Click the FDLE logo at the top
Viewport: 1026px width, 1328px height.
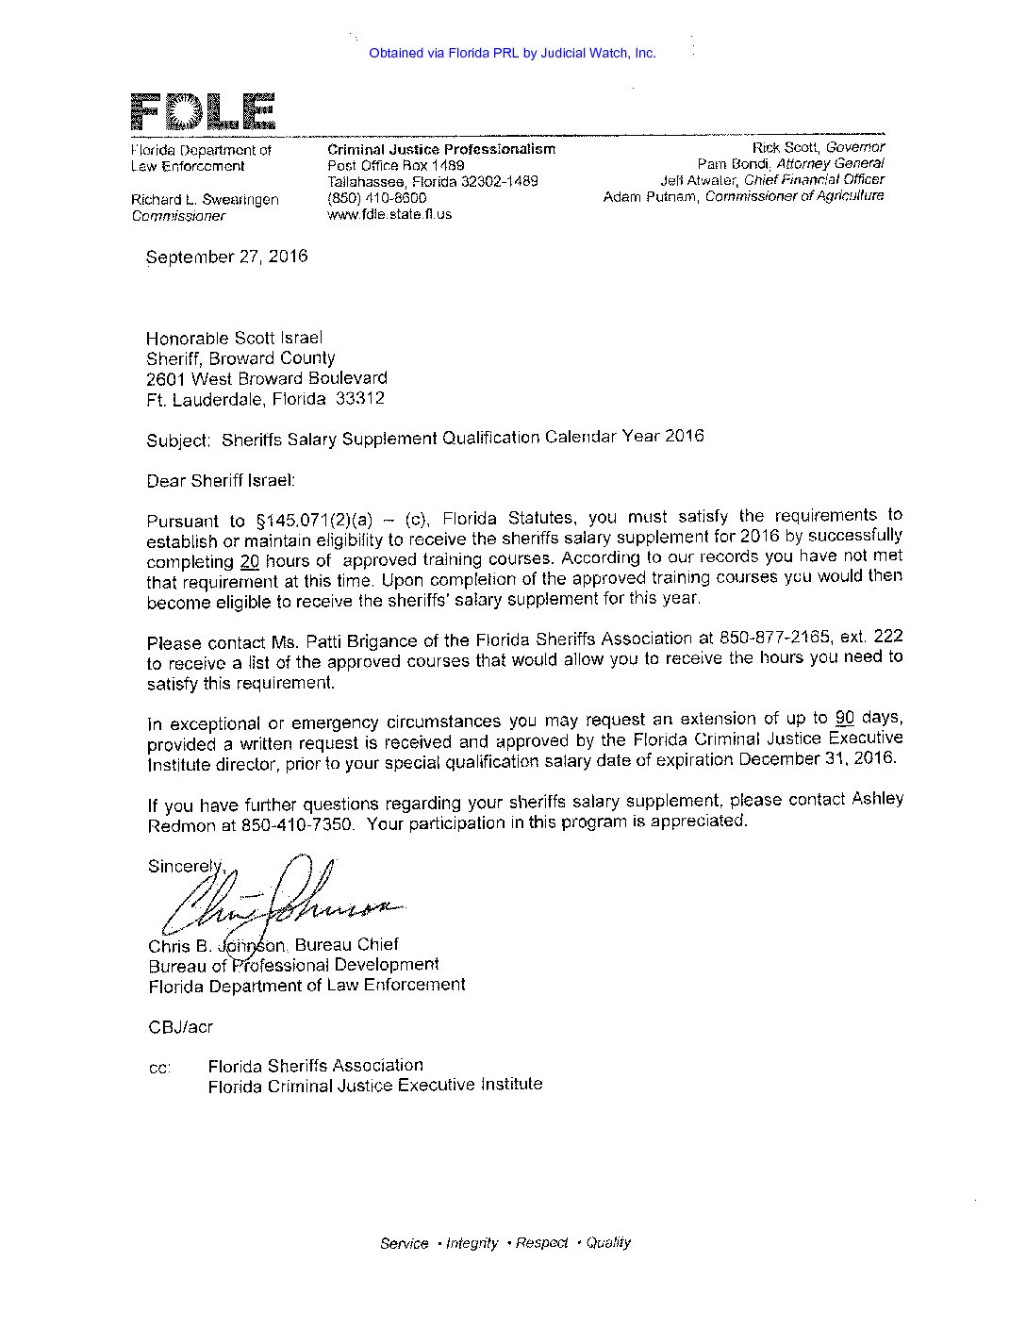click(x=202, y=112)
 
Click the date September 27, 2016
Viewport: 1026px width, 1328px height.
click(x=226, y=257)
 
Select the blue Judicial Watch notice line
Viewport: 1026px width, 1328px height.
click(x=512, y=54)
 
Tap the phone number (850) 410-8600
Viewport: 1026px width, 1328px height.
click(x=376, y=198)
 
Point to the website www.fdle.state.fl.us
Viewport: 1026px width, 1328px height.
click(x=389, y=214)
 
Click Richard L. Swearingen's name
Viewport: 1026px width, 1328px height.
click(x=205, y=200)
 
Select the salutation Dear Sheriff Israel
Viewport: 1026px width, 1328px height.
click(x=221, y=481)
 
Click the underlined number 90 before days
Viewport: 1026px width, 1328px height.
click(x=845, y=717)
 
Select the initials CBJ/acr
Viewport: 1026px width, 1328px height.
click(x=180, y=1027)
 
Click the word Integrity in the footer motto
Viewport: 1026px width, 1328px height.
click(x=472, y=1243)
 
